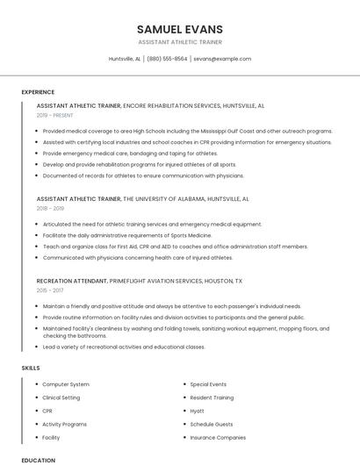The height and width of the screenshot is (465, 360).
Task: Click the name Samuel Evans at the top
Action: click(179, 29)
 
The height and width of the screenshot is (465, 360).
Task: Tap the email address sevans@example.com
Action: click(222, 59)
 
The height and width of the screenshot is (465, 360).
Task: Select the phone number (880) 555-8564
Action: click(167, 59)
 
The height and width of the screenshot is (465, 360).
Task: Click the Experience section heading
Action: click(38, 92)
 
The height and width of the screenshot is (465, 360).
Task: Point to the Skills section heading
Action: click(31, 368)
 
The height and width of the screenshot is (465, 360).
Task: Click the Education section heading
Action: click(38, 460)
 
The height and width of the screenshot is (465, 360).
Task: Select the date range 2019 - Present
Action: click(55, 115)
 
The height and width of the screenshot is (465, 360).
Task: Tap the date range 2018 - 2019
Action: click(50, 209)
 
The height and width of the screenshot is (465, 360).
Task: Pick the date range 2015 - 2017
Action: click(50, 290)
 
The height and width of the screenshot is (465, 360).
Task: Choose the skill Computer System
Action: click(66, 384)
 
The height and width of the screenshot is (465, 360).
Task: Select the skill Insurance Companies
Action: click(218, 437)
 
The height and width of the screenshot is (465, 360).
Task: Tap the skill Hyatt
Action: click(197, 411)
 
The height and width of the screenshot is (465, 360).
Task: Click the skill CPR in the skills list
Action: click(47, 411)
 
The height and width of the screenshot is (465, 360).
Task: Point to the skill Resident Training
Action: click(212, 397)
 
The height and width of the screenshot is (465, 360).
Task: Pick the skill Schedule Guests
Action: click(211, 424)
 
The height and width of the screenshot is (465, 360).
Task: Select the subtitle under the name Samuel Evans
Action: click(179, 42)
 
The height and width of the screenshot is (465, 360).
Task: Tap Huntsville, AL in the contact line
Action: click(124, 59)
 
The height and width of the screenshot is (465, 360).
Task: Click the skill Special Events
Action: click(208, 384)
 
